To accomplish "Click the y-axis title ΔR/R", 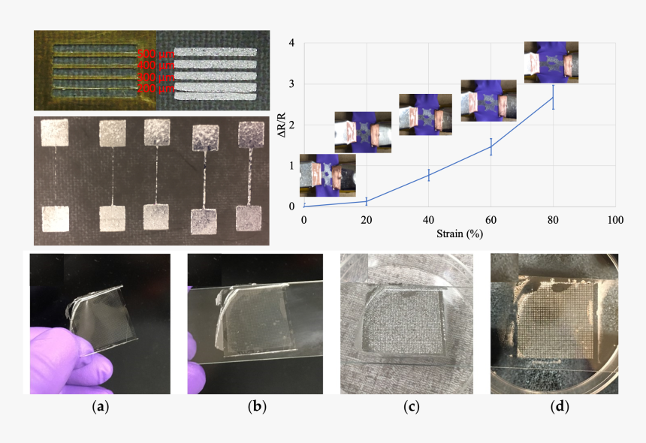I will pyautogui.click(x=282, y=124).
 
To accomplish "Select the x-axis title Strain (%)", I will pyautogui.click(x=458, y=234).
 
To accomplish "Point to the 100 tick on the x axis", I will pyautogui.click(x=616, y=220).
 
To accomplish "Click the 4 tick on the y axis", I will pyautogui.click(x=291, y=43).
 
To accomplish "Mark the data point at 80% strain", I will pyautogui.click(x=554, y=97).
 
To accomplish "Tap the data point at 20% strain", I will pyautogui.click(x=366, y=200).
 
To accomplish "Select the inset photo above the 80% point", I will pyautogui.click(x=551, y=62).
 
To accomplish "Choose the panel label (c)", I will pyautogui.click(x=411, y=408).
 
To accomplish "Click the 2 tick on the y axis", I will pyautogui.click(x=291, y=125).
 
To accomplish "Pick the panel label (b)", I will pyautogui.click(x=257, y=408).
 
